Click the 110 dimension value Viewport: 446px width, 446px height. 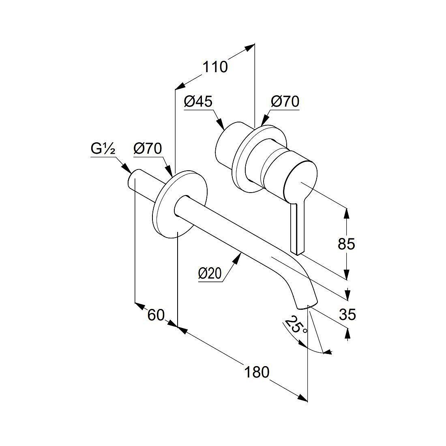click(x=215, y=67)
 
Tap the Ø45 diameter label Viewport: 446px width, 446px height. click(x=198, y=101)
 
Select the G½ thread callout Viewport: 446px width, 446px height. click(x=103, y=149)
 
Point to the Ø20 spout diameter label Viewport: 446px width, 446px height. click(x=210, y=274)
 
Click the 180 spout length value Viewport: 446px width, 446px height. click(x=257, y=372)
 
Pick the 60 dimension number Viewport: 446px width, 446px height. click(x=156, y=315)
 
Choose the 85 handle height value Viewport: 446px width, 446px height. click(x=346, y=244)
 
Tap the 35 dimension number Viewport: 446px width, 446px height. click(x=347, y=315)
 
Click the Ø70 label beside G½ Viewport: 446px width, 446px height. click(x=148, y=148)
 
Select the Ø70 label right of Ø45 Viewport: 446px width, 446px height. click(x=285, y=101)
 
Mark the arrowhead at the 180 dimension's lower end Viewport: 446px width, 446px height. click(x=302, y=398)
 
